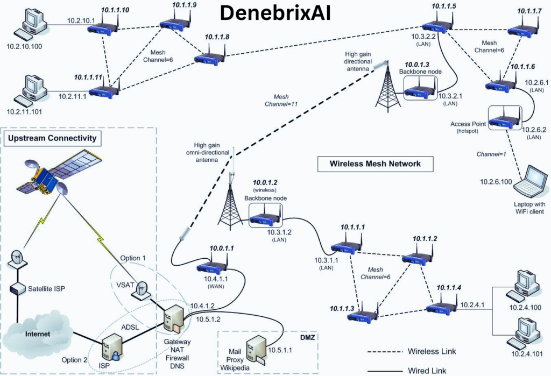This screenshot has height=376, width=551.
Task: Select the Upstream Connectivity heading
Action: point(52,139)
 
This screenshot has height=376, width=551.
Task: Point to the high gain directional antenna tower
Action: point(386,86)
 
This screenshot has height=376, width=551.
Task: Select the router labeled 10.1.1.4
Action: point(442,307)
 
